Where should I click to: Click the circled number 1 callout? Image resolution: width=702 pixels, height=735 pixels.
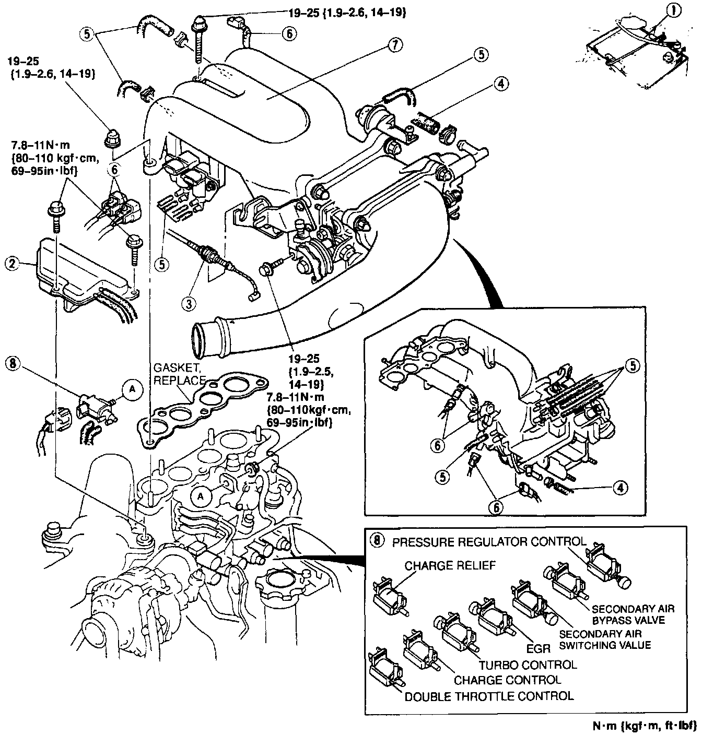(x=675, y=10)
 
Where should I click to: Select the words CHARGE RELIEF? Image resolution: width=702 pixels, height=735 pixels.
(x=450, y=565)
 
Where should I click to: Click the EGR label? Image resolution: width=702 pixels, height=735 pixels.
(x=538, y=648)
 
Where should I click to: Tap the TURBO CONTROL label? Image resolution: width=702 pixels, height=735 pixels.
(x=528, y=665)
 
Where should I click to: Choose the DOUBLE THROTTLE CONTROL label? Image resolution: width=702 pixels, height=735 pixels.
(x=489, y=696)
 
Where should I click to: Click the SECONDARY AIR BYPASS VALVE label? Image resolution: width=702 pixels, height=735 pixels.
(x=633, y=614)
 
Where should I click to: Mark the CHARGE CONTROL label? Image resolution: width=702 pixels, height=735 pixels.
(x=507, y=680)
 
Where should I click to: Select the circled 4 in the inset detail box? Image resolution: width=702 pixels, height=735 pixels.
(x=619, y=488)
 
